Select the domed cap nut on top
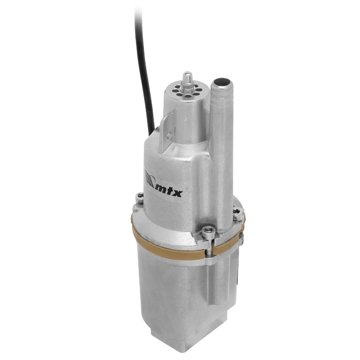pos(187,77)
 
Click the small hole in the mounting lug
pos(169,135)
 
